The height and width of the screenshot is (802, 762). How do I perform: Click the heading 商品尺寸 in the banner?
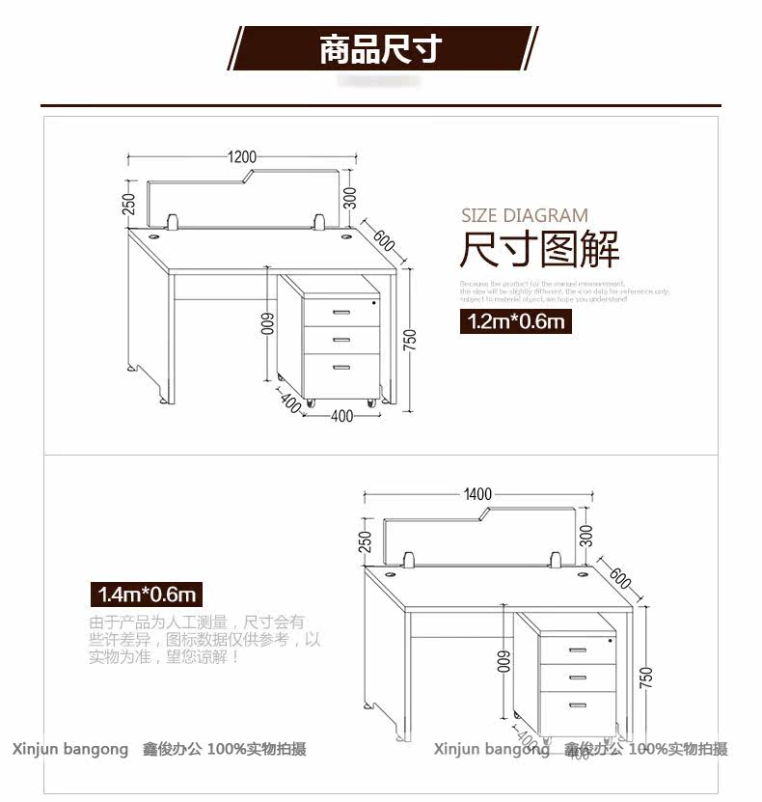click(380, 49)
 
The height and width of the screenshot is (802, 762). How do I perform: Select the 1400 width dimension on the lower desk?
click(477, 494)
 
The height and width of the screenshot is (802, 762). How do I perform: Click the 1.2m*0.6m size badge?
click(515, 321)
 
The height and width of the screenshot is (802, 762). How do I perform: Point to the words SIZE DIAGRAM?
click(524, 215)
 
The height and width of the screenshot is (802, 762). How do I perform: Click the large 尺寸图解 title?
click(539, 251)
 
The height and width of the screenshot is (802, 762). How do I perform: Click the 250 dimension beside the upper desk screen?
click(127, 205)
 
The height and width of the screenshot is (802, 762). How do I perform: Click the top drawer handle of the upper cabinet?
click(341, 312)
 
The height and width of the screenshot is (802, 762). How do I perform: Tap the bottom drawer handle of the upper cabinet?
click(341, 367)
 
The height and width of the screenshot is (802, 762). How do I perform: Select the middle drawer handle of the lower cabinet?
click(578, 676)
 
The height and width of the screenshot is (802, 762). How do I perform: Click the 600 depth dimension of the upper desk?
click(384, 239)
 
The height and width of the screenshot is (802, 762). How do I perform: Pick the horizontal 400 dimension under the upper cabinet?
click(341, 416)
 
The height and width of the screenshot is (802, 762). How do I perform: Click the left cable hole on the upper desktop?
click(154, 234)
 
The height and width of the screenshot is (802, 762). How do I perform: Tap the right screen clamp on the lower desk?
click(557, 559)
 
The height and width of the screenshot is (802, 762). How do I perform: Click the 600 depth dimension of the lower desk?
click(620, 578)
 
